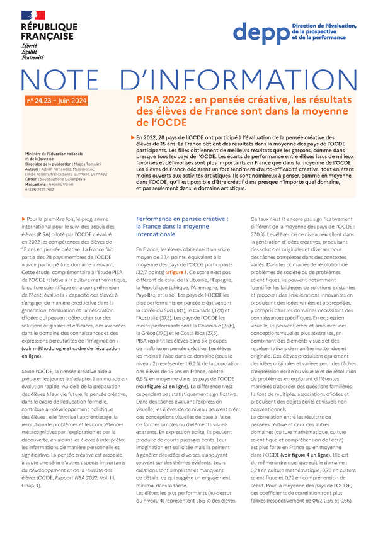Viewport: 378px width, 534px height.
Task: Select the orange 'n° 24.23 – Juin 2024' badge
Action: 57,101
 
